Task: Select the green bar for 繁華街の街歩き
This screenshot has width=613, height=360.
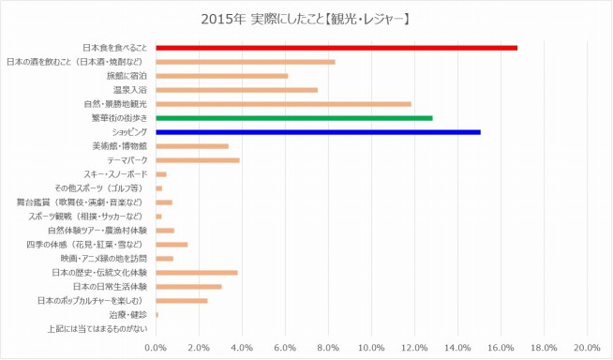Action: click(293, 118)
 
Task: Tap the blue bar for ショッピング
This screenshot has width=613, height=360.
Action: click(318, 132)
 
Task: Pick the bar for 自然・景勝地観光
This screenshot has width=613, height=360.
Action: click(283, 104)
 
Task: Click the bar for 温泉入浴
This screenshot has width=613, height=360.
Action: click(236, 90)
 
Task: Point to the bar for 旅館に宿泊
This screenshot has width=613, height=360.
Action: click(221, 76)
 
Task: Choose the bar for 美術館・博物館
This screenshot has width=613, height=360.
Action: click(191, 146)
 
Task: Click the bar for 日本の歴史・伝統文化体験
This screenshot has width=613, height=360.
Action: click(196, 273)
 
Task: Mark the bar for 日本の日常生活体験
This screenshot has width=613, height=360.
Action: click(188, 287)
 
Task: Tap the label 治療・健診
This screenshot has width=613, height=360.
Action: click(129, 315)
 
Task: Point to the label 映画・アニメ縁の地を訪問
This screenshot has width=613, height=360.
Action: click(104, 259)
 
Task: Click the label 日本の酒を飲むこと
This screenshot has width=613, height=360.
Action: click(77, 62)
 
